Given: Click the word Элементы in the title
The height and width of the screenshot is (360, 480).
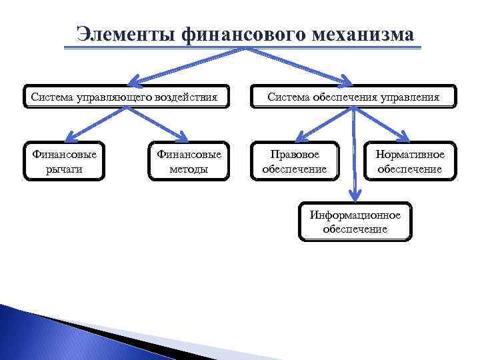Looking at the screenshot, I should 125,33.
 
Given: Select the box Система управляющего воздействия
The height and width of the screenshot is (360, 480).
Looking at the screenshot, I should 125,97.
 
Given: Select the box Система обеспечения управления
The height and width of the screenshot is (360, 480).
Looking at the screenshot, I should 353,97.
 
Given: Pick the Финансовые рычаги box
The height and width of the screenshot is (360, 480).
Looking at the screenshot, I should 64,161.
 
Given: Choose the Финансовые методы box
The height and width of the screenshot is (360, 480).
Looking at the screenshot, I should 189,161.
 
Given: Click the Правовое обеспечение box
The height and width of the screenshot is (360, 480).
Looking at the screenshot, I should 294,161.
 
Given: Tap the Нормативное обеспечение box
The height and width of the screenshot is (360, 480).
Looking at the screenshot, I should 409,161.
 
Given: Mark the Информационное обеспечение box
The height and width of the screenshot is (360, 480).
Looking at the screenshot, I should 355,221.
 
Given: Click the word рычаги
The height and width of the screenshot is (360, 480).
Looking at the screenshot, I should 64,169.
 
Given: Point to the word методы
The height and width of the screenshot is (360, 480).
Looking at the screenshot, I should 189,169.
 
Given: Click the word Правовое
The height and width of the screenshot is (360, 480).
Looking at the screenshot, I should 294,154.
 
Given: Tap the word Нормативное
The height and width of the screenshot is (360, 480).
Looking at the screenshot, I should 409,154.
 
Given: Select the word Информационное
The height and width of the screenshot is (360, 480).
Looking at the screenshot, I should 355,215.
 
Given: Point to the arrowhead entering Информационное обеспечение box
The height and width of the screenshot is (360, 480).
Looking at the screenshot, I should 355,196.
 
